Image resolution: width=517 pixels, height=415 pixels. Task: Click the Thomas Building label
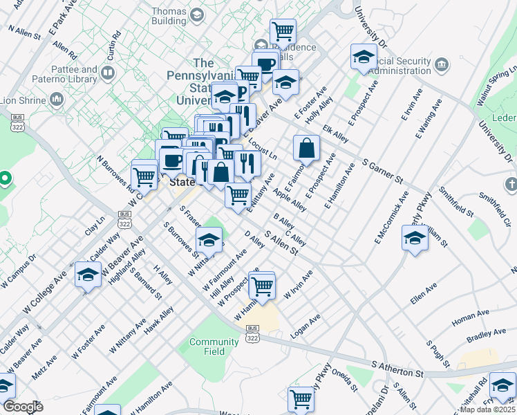click(x=169, y=17)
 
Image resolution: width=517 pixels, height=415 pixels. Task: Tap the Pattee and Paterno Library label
click(x=74, y=75)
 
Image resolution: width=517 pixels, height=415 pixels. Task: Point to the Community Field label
click(x=214, y=347)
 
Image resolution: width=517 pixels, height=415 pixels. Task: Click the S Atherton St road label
click(x=397, y=369)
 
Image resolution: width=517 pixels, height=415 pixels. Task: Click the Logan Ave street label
click(x=305, y=326)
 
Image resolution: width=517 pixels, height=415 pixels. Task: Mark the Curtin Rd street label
click(x=114, y=42)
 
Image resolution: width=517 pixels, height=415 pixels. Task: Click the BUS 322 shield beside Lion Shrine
click(x=17, y=122)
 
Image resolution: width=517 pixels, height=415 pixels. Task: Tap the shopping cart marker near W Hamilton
click(x=262, y=284)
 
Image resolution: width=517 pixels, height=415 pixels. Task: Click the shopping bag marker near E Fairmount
click(x=306, y=147)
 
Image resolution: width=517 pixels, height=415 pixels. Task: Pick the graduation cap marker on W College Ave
click(x=88, y=275)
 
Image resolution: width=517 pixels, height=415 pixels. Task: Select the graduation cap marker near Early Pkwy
click(x=415, y=239)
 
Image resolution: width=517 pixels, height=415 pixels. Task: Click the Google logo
click(x=23, y=407)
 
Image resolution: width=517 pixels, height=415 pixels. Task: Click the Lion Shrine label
click(x=23, y=100)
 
